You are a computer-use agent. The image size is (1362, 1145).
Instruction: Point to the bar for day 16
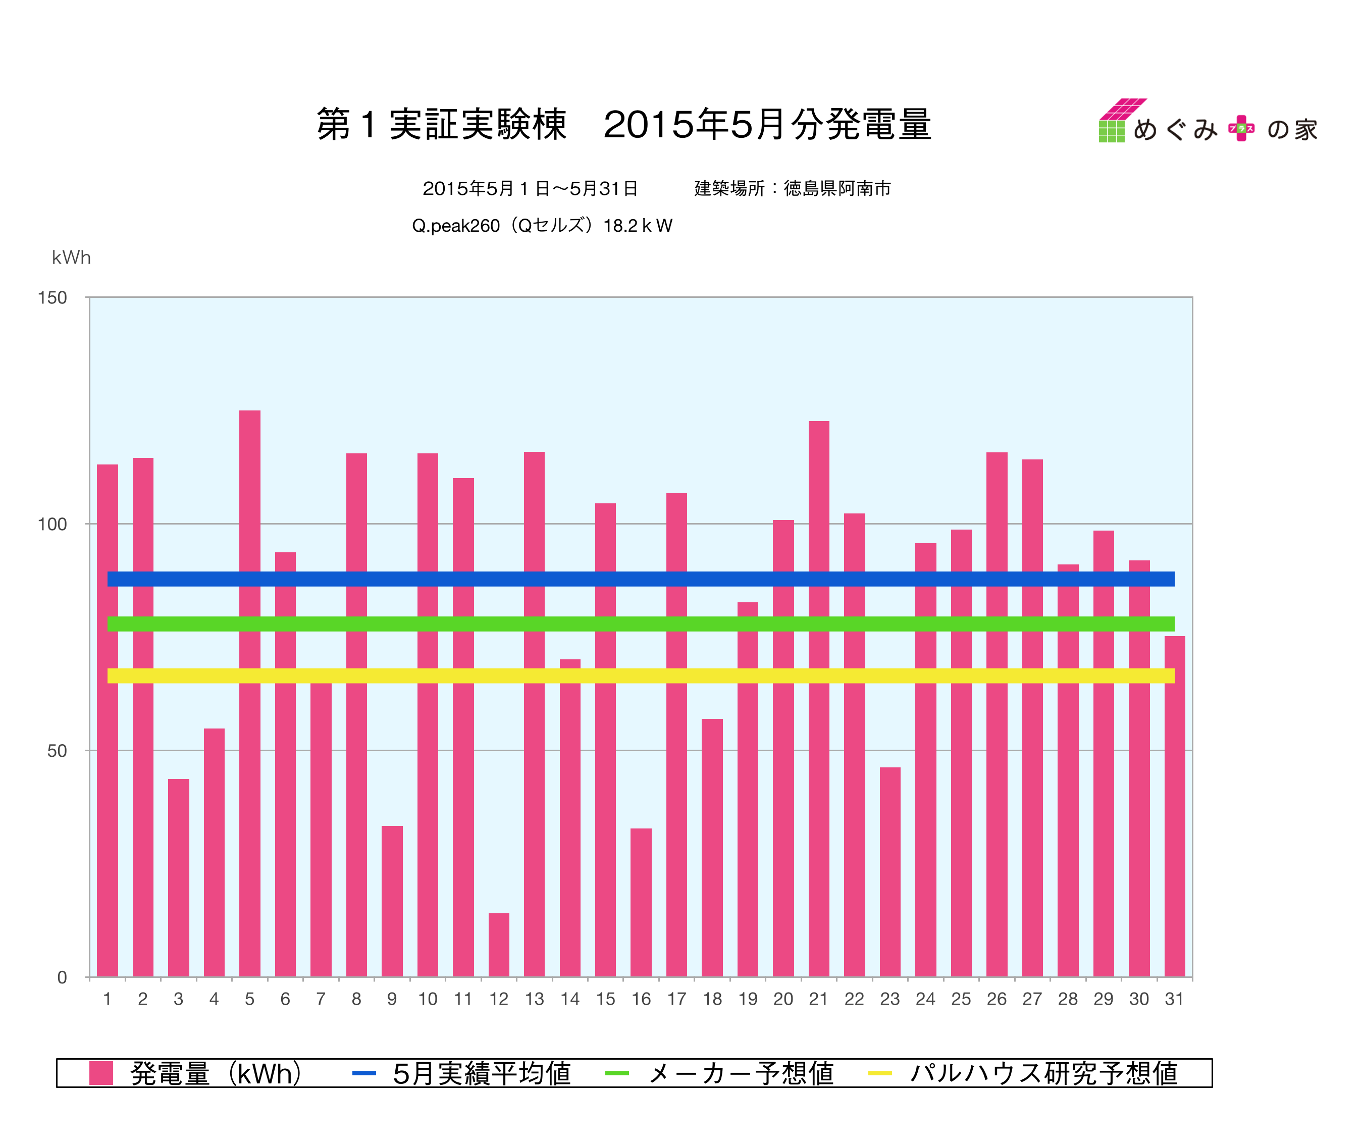tap(641, 902)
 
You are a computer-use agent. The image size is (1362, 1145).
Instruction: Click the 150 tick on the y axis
tap(53, 298)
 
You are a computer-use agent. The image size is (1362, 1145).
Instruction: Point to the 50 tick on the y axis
tap(57, 751)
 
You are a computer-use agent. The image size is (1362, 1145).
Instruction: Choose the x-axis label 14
tap(570, 1000)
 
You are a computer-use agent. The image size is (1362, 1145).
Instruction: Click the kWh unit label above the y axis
tap(71, 257)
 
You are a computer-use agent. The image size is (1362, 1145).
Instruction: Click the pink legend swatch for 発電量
tap(101, 1073)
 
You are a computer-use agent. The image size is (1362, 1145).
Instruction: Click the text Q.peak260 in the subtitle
tap(455, 226)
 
